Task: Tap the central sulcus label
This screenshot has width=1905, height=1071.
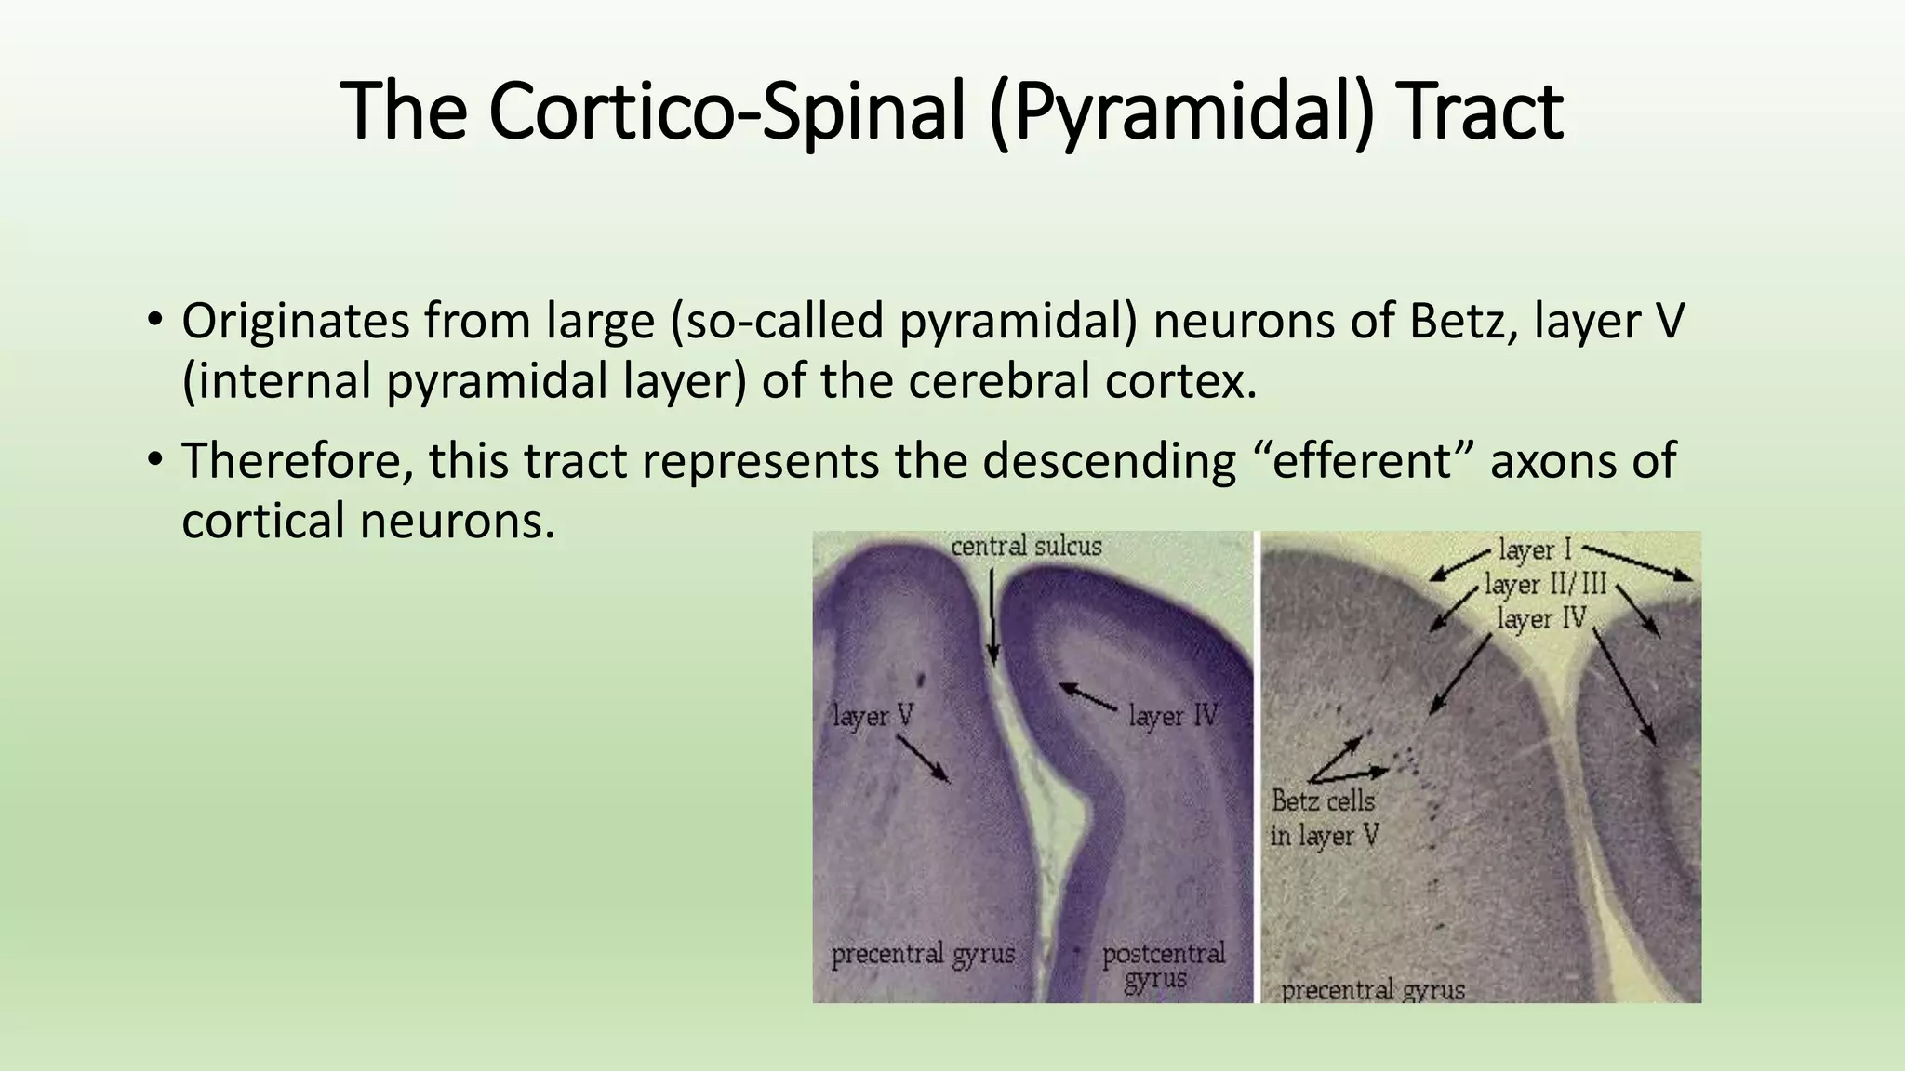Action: pos(1026,546)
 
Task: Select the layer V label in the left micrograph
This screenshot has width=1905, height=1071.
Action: pos(873,716)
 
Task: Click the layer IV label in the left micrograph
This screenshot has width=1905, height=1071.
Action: pos(1173,716)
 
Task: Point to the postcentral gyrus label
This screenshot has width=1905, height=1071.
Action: pos(1163,966)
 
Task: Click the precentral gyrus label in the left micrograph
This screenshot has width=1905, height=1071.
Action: pos(923,954)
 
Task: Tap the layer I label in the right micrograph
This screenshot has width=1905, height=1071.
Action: pos(1535,549)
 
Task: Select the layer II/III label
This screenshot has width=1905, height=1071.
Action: pos(1545,585)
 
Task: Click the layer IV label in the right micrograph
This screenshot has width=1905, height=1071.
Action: pos(1541,618)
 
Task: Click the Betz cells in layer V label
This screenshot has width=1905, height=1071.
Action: pos(1324,818)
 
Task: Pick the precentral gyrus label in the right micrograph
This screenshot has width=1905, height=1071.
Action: pos(1373,990)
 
